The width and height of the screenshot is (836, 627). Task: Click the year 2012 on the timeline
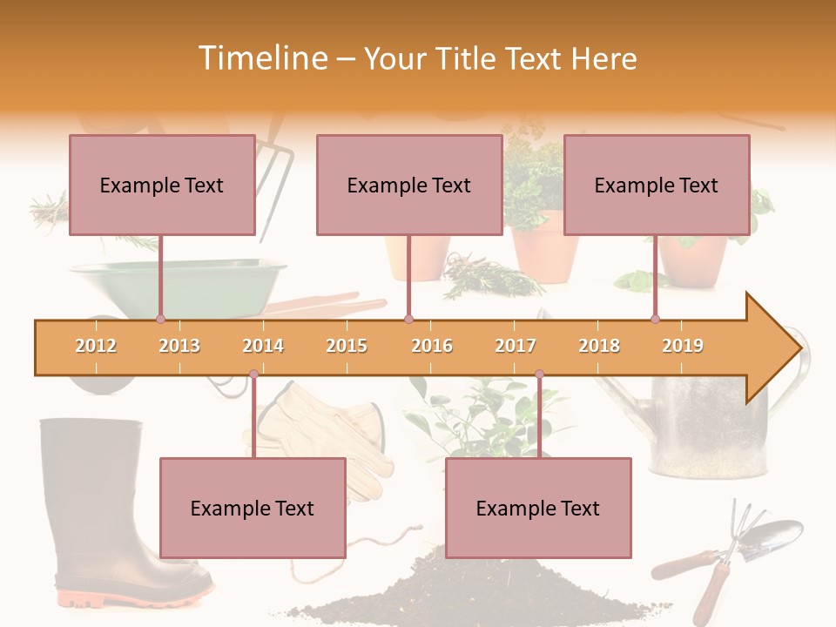(96, 346)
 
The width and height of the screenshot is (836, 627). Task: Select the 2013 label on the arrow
(179, 346)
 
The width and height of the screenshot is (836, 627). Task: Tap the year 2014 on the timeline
(263, 346)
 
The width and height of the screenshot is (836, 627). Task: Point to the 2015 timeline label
(347, 346)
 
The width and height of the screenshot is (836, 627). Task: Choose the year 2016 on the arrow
(432, 346)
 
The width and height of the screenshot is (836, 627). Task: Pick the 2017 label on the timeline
(516, 346)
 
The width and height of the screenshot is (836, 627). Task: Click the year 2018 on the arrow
(599, 346)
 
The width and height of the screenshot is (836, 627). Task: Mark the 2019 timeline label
(683, 346)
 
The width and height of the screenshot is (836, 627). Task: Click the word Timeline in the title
(261, 58)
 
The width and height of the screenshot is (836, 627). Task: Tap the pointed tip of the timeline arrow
(799, 348)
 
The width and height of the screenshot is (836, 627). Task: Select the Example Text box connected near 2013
(162, 185)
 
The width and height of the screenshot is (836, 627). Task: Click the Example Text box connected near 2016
(409, 185)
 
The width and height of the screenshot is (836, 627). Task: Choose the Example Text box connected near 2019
(657, 185)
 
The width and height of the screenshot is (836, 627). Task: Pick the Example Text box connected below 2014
(253, 509)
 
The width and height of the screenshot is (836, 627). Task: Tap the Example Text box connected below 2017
(538, 509)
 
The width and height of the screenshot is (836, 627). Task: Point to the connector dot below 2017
(539, 374)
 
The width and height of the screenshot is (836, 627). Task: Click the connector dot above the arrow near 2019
(655, 319)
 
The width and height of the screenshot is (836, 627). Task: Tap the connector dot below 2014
(253, 374)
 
